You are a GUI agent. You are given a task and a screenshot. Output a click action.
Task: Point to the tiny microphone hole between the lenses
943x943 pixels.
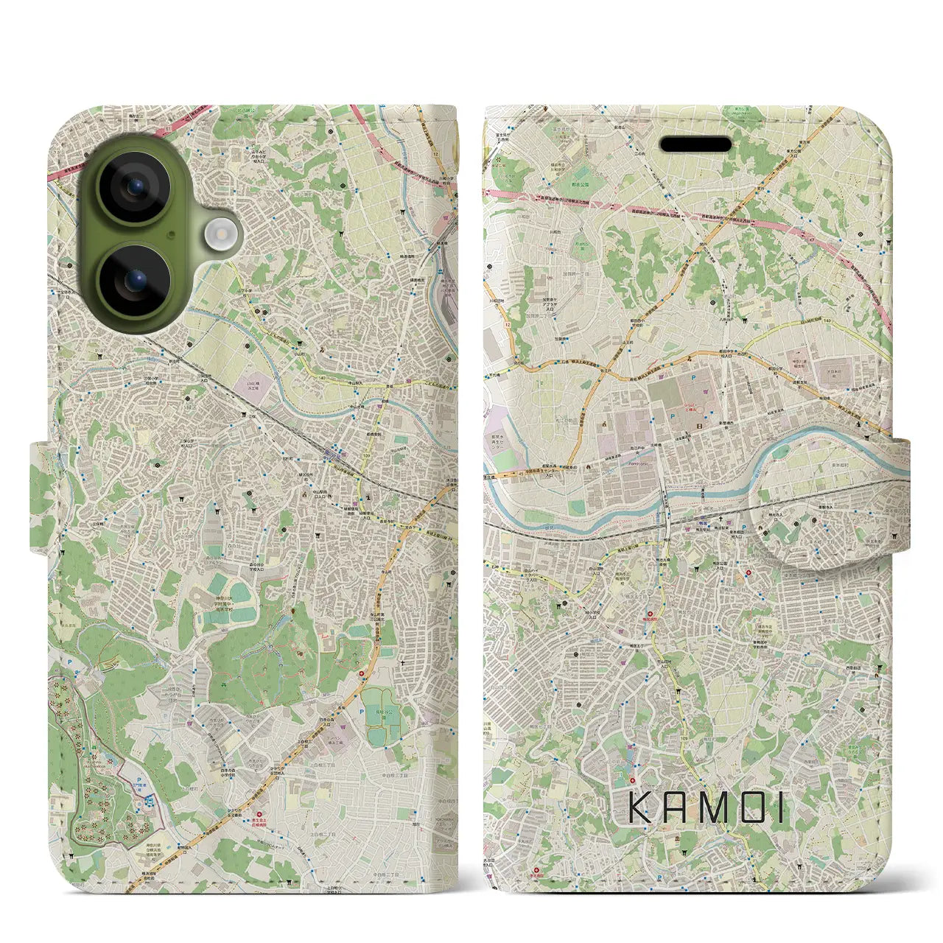coord(171,235)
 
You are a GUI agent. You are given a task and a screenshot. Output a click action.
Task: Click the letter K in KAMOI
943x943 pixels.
coord(639,808)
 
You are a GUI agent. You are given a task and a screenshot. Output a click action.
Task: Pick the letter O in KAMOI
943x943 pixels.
coord(747,808)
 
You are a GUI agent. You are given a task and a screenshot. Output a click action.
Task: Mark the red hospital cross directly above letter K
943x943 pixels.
coord(632,779)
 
